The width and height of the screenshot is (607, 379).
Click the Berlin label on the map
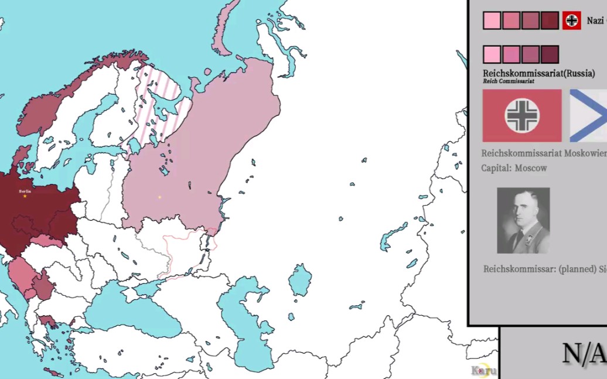[25, 191]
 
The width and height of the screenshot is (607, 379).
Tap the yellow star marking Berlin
[25, 196]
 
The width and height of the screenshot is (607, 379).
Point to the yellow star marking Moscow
[159, 197]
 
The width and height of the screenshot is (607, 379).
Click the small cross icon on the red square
[572, 21]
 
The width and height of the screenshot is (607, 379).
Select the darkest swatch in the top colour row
[550, 21]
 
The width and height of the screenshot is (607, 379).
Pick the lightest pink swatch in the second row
[492, 54]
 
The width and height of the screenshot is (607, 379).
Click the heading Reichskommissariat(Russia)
[538, 73]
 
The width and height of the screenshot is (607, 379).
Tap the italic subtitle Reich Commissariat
[508, 81]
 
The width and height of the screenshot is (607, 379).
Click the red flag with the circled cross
[522, 115]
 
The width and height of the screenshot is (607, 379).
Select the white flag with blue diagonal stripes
[589, 115]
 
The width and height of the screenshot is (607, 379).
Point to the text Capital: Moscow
[514, 168]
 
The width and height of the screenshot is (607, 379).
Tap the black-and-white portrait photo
[523, 220]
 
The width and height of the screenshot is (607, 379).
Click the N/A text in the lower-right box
[583, 353]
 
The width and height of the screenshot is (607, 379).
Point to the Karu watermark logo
[484, 371]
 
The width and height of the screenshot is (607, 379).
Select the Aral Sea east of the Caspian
[300, 280]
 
